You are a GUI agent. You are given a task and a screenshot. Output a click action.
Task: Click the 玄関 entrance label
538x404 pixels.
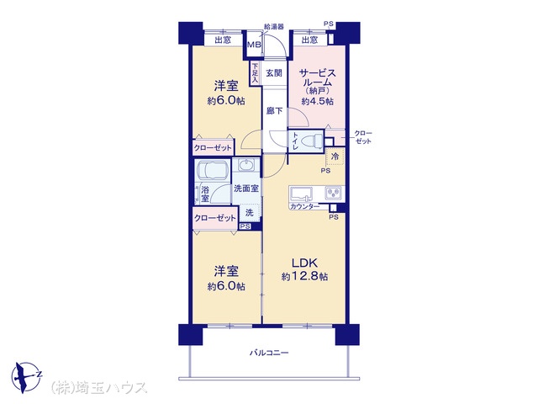[x=274, y=73]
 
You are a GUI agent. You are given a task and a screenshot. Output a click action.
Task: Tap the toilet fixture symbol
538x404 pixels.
[x=311, y=141]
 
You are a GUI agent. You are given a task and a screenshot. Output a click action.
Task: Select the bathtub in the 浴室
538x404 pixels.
[x=211, y=170]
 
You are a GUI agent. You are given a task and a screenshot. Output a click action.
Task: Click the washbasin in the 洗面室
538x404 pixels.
[x=246, y=166]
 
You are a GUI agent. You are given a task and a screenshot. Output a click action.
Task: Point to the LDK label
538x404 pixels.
[x=304, y=263]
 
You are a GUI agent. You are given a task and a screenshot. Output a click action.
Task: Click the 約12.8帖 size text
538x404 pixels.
[x=304, y=276]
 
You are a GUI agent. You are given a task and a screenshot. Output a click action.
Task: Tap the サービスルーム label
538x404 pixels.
[x=317, y=78]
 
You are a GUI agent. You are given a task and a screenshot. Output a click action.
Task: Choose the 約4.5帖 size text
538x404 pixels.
[x=318, y=101]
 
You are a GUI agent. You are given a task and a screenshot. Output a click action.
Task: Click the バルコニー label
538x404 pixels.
[x=269, y=353]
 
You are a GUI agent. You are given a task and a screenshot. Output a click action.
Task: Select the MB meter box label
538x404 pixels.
[x=254, y=45]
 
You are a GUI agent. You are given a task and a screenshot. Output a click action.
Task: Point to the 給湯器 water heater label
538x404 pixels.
[x=273, y=26]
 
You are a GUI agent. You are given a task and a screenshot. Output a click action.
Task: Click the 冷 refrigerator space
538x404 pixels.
[x=335, y=157]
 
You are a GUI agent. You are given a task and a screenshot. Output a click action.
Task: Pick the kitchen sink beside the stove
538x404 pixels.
[x=302, y=193]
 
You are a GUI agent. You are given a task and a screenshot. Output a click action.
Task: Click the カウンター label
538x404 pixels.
[x=304, y=206]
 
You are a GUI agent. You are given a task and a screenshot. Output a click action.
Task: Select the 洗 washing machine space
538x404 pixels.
[x=250, y=213]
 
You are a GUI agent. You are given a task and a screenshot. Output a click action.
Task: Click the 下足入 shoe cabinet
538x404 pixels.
[x=255, y=73]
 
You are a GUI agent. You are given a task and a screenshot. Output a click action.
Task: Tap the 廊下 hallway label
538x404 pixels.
[x=275, y=111]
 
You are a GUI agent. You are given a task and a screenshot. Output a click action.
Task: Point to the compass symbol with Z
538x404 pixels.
[x=26, y=377]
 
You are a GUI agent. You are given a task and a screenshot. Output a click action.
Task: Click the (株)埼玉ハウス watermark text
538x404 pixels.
[x=99, y=387]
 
